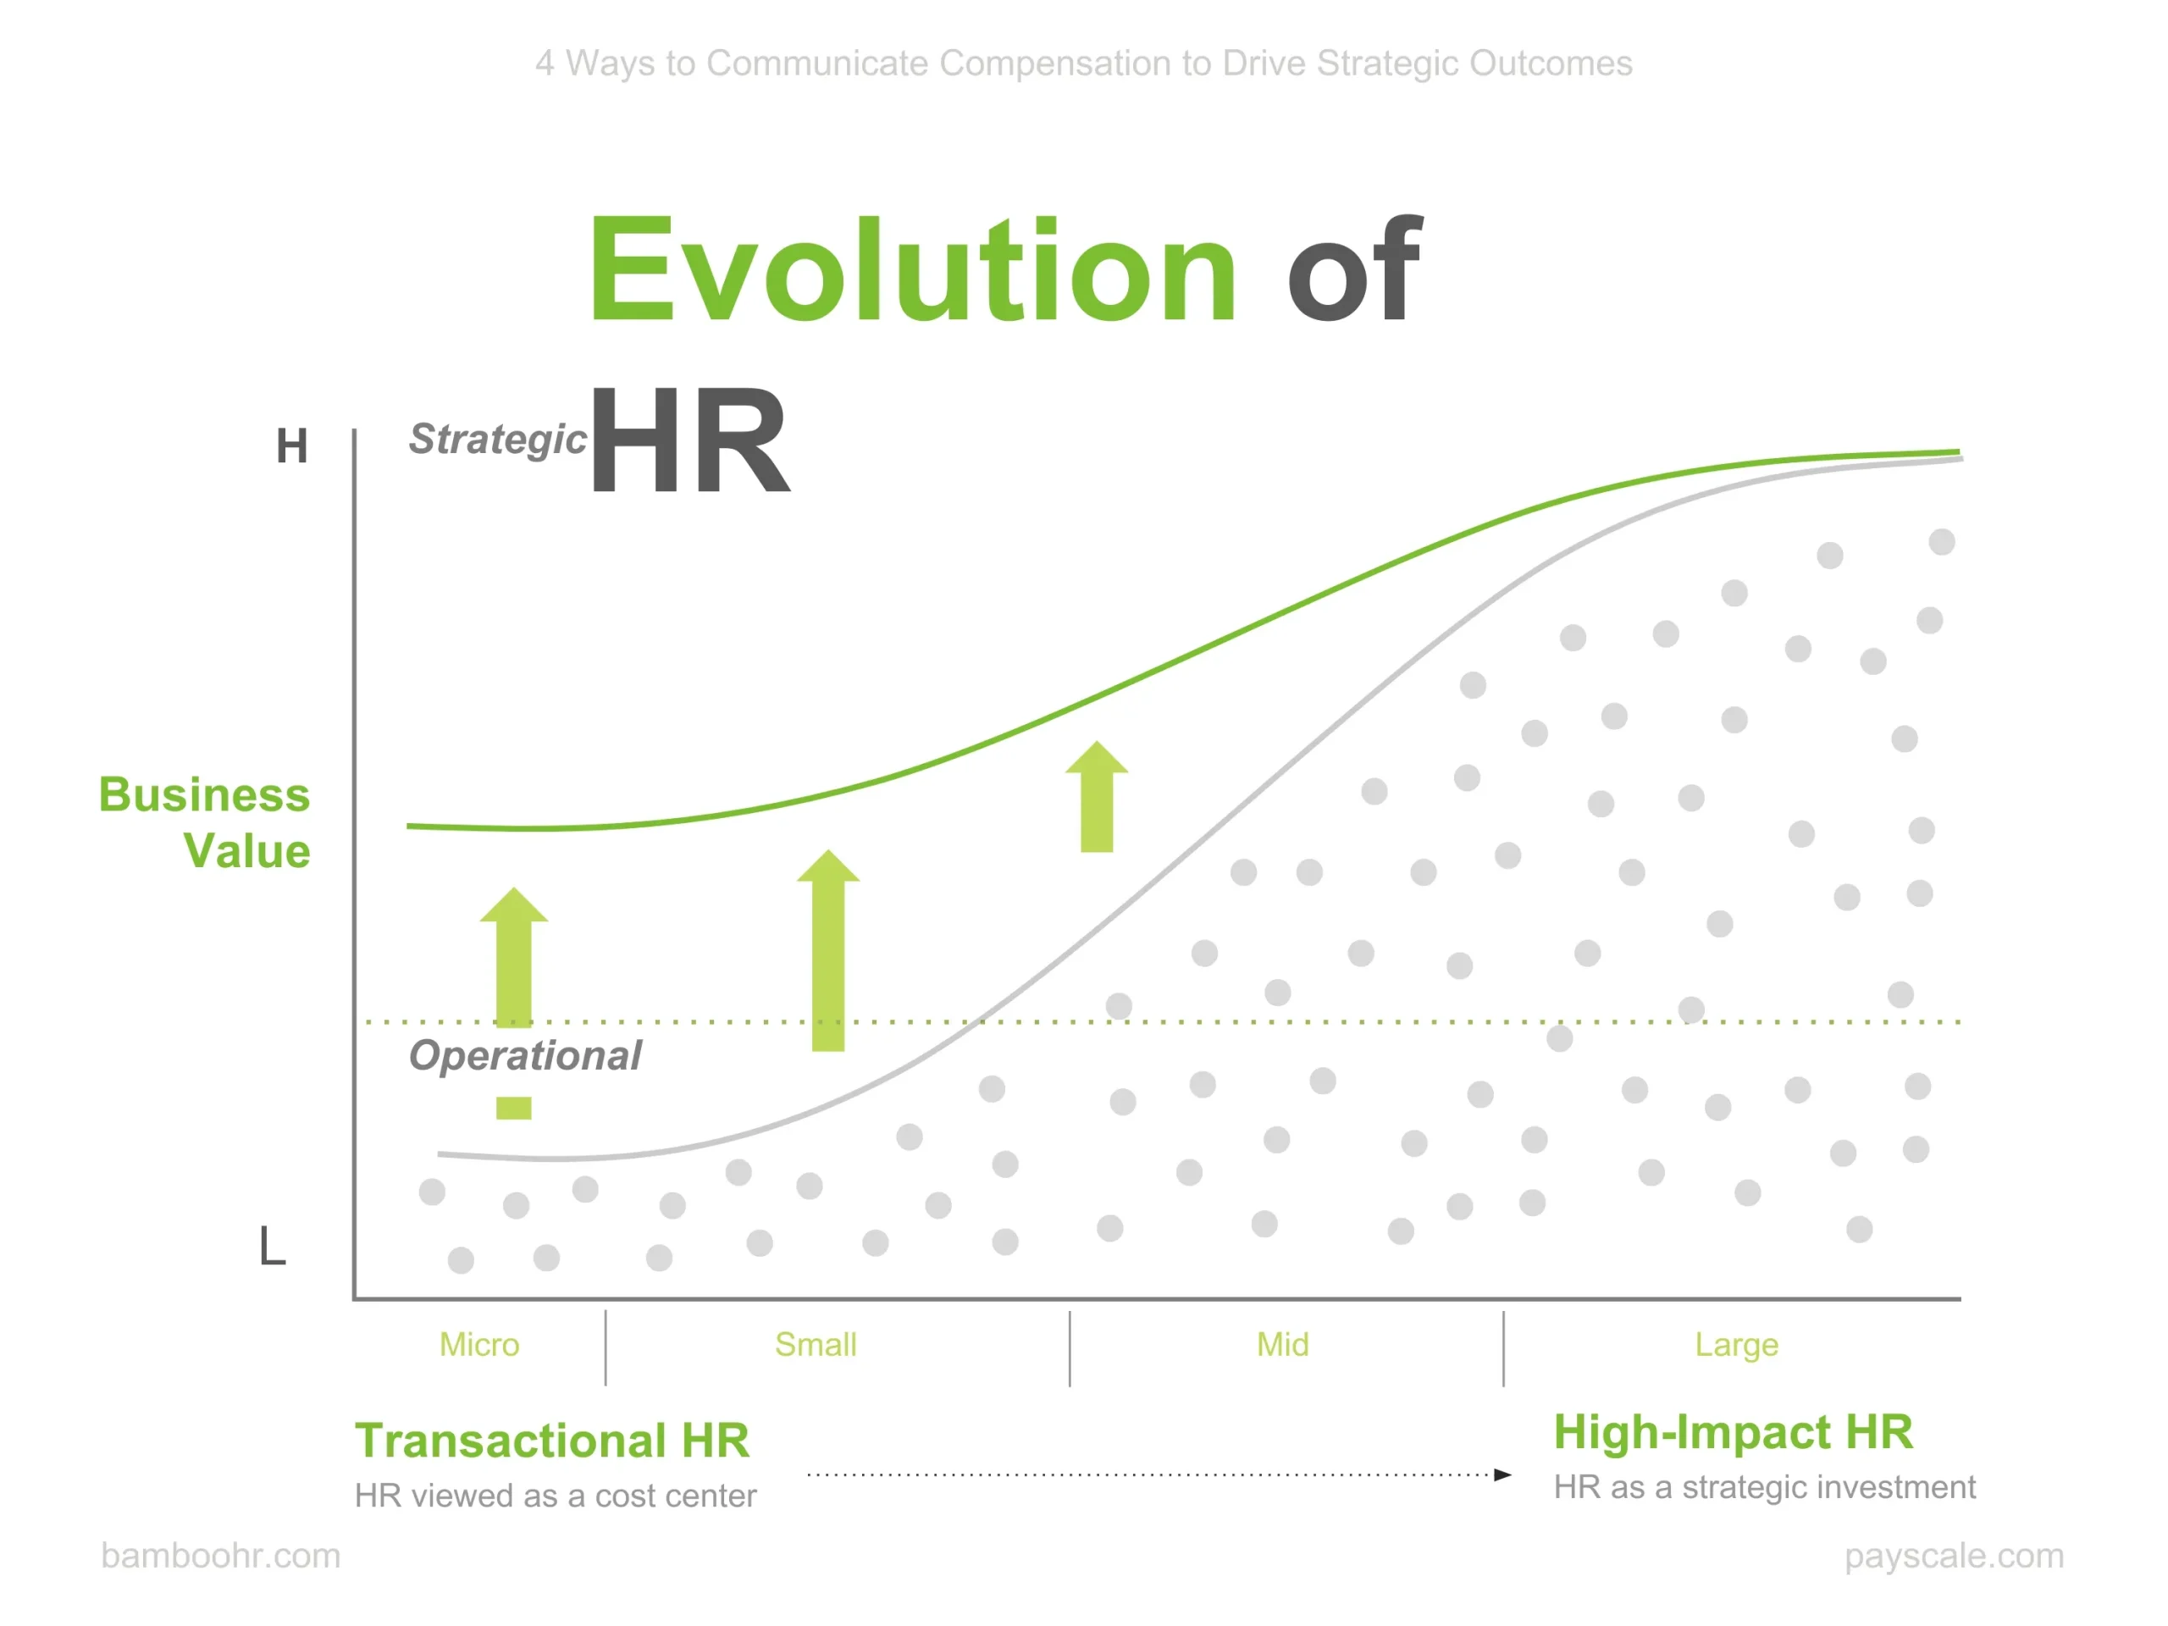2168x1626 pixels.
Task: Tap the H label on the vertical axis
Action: tap(291, 446)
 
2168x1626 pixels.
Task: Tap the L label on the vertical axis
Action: tap(273, 1246)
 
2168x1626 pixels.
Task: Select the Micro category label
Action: tap(479, 1344)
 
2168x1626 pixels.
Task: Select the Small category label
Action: tap(816, 1344)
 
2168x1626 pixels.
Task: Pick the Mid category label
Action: tap(1282, 1344)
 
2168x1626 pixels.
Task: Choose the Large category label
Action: tap(1737, 1346)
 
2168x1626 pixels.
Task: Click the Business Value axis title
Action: tap(205, 822)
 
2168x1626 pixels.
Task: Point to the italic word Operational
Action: tap(525, 1054)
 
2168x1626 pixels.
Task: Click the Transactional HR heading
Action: tap(552, 1440)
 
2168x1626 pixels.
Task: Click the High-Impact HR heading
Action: tap(1733, 1432)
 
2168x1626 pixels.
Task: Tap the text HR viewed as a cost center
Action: tap(555, 1496)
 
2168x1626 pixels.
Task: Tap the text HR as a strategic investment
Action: tap(1764, 1488)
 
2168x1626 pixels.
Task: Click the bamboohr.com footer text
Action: tap(220, 1556)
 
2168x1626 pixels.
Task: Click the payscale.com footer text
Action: tap(1955, 1557)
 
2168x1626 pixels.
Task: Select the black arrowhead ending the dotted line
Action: tap(1502, 1474)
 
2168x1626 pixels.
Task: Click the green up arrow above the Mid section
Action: tap(1097, 796)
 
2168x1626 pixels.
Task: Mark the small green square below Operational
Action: tap(513, 1109)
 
